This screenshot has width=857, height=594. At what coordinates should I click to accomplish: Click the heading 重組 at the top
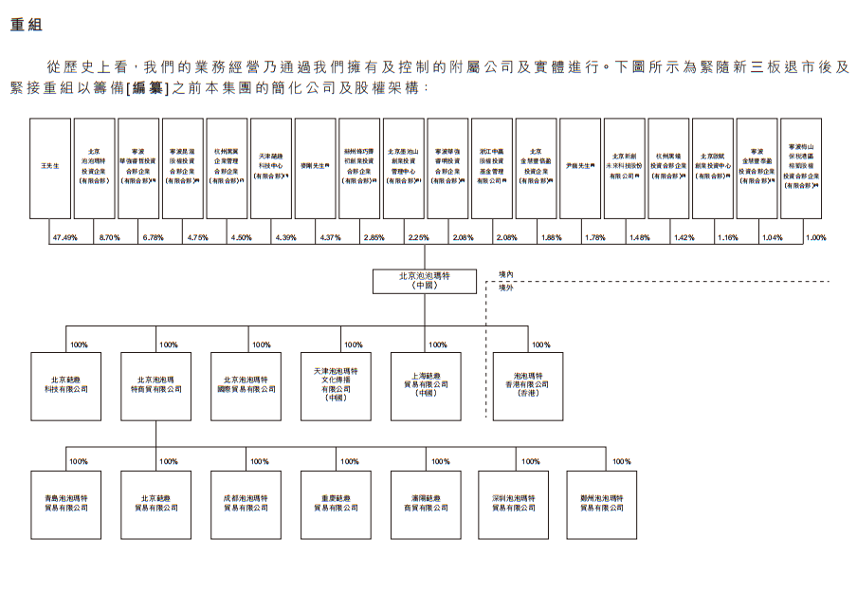coord(27,26)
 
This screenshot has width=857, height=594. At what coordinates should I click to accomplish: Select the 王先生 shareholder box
coord(50,168)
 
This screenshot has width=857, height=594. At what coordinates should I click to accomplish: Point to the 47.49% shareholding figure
coord(64,237)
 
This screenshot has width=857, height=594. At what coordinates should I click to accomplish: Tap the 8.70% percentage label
coord(109,237)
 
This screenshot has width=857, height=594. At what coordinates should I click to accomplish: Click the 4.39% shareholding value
coord(285,237)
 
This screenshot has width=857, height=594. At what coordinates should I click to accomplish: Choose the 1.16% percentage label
coord(727,237)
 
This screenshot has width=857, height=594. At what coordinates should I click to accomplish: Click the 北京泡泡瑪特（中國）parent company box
coord(424,280)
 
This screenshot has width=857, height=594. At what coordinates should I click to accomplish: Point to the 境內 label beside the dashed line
coord(506,274)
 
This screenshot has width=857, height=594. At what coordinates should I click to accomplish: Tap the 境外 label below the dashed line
coord(506,288)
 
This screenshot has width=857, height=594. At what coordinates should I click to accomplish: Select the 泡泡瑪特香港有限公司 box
coord(527,386)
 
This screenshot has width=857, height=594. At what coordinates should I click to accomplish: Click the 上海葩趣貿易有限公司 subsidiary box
coord(426,386)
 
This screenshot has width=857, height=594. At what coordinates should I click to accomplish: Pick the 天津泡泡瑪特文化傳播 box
coord(336,386)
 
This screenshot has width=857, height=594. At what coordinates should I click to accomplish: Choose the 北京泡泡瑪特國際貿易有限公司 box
coord(246,386)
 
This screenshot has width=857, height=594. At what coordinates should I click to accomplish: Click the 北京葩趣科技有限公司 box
coord(65,386)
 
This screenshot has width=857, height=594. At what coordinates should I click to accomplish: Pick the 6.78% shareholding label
coord(153,237)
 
